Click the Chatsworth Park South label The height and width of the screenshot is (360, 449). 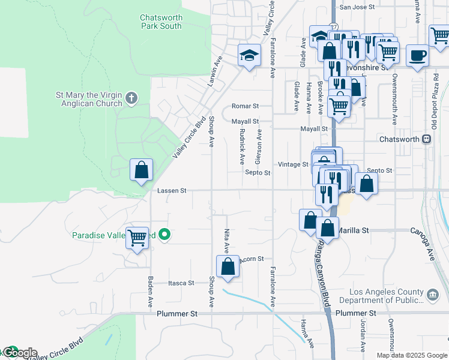[161, 22]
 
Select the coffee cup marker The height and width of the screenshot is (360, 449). [418, 56]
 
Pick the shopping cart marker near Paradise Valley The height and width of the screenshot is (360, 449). [137, 238]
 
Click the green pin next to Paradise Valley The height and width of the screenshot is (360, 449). [167, 235]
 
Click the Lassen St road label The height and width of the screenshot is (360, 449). [172, 191]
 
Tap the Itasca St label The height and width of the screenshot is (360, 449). [181, 283]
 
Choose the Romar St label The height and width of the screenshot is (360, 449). [245, 106]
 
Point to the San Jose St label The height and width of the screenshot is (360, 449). [357, 7]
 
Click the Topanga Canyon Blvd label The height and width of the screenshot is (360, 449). [325, 273]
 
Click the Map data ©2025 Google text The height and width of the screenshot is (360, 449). [412, 355]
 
